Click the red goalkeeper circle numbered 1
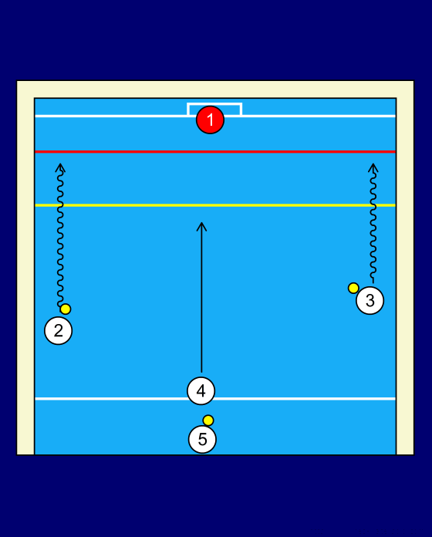coord(210,120)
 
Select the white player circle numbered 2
coord(58,330)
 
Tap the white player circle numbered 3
coord(370,300)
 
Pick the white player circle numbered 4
coord(201,390)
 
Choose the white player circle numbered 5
coord(202,439)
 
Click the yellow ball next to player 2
coord(66,309)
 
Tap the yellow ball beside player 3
coord(353,288)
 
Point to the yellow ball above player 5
coord(208,420)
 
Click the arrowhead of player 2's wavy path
coord(60,164)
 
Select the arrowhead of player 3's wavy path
coord(373,164)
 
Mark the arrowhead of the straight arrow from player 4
coord(201,223)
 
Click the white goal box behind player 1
coord(214,103)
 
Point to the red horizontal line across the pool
coord(215,151)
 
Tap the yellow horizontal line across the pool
coord(215,205)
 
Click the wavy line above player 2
coord(60,236)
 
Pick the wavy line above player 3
coord(373,225)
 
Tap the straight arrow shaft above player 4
coord(201,297)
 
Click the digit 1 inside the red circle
coord(211,120)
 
